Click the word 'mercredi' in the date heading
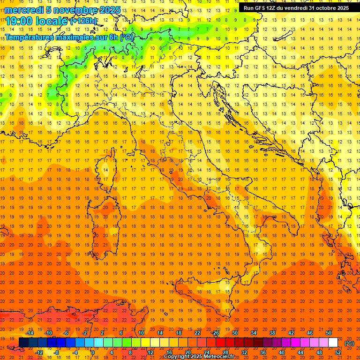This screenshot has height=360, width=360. click(x=24, y=10)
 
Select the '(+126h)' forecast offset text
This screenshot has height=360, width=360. click(x=83, y=21)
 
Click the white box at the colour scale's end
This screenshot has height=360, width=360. click(x=333, y=343)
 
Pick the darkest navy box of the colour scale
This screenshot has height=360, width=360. click(x=23, y=343)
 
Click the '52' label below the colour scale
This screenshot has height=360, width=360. click(x=338, y=352)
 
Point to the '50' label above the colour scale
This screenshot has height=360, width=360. click(x=329, y=333)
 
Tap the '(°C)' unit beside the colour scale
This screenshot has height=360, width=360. click(x=349, y=343)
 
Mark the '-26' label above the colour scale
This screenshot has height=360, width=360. click(x=216, y=333)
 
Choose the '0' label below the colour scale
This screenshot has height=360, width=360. click(x=93, y=352)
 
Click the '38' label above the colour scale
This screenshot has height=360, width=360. click(x=272, y=333)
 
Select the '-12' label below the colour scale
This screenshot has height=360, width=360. click(x=39, y=352)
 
